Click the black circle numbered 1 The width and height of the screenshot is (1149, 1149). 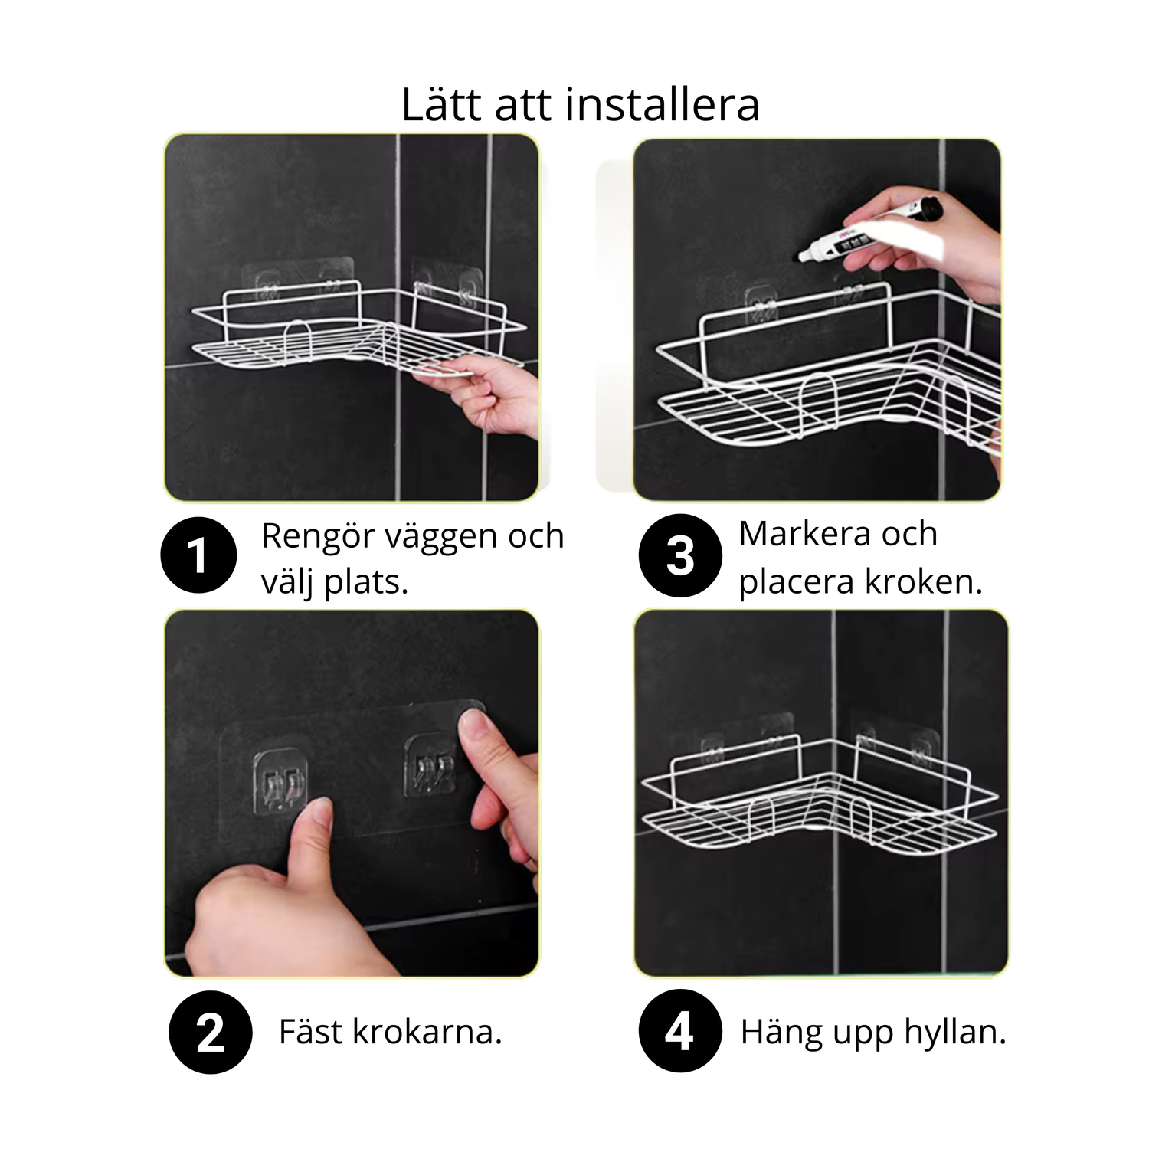click(198, 555)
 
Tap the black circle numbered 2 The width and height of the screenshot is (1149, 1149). click(211, 1032)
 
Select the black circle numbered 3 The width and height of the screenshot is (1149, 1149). click(680, 555)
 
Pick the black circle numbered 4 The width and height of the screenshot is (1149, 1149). click(680, 1031)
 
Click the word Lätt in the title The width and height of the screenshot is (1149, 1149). click(441, 105)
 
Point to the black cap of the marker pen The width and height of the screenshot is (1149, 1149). click(929, 208)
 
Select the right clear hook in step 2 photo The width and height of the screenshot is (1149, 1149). click(429, 766)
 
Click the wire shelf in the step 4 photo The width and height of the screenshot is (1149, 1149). click(819, 797)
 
